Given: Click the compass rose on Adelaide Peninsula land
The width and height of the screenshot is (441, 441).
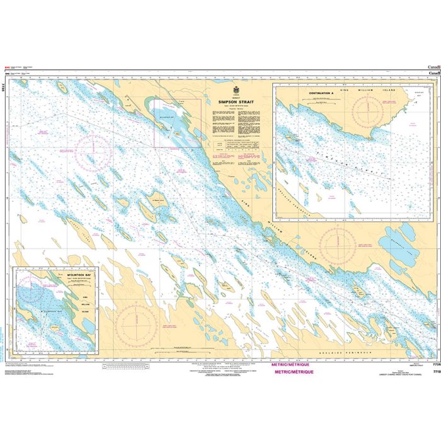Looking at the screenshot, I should [135, 323].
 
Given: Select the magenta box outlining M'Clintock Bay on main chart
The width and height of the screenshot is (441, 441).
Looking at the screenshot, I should [178, 122].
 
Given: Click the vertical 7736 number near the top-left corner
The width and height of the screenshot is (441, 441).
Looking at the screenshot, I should [5, 90].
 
